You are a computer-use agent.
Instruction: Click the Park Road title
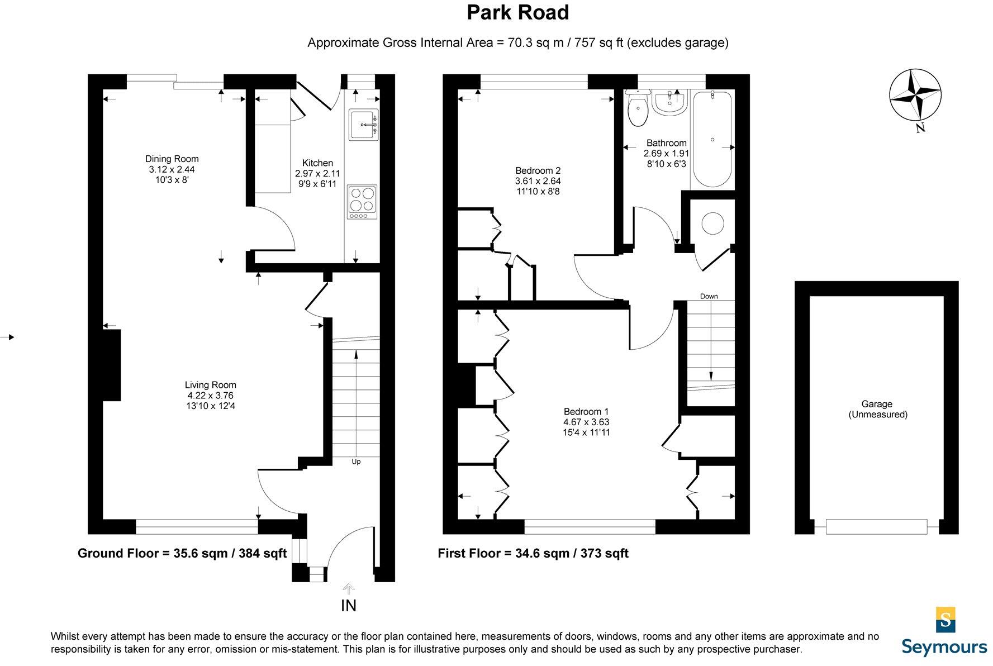(517, 13)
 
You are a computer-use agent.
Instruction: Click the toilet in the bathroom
(637, 109)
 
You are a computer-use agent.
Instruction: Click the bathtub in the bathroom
(712, 140)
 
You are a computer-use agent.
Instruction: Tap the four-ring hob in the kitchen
(362, 201)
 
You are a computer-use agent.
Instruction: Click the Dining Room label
(172, 159)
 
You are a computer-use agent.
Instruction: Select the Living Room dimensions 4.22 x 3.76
(210, 396)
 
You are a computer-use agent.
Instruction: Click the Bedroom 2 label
(538, 170)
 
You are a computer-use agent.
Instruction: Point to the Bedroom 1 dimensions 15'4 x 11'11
(586, 432)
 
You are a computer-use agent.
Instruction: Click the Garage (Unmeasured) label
(877, 409)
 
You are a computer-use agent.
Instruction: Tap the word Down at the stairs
(709, 296)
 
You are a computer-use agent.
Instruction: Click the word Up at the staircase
(356, 462)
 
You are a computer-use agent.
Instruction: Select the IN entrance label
(349, 606)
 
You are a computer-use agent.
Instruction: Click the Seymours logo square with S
(945, 619)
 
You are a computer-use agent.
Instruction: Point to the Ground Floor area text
(182, 553)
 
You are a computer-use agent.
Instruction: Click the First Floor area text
(533, 553)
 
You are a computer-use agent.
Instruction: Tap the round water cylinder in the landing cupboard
(712, 223)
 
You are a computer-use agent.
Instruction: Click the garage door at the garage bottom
(876, 526)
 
